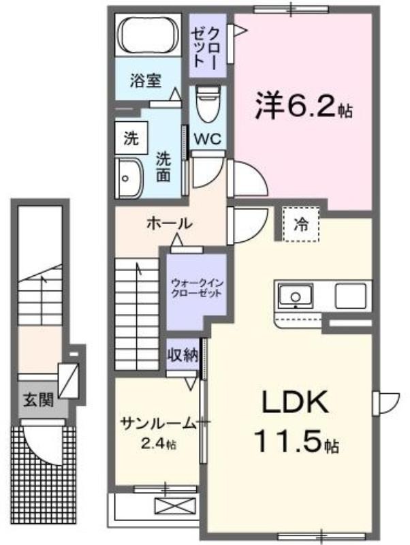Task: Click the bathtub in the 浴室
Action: point(148,35)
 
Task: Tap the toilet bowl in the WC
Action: point(208,104)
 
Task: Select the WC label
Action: point(208,139)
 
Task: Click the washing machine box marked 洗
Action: point(131,138)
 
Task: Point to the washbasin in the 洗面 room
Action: point(129,178)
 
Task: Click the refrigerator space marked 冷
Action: point(301,225)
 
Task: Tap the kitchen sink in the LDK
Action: point(295,296)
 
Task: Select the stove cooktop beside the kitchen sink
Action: point(350,296)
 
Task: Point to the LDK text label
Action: point(294,402)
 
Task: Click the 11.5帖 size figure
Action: point(296,441)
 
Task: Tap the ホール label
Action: point(170,223)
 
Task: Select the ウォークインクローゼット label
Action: point(197,287)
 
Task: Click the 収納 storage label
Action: point(183,354)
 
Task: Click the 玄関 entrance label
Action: point(39,400)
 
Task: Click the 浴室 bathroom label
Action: point(146,80)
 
